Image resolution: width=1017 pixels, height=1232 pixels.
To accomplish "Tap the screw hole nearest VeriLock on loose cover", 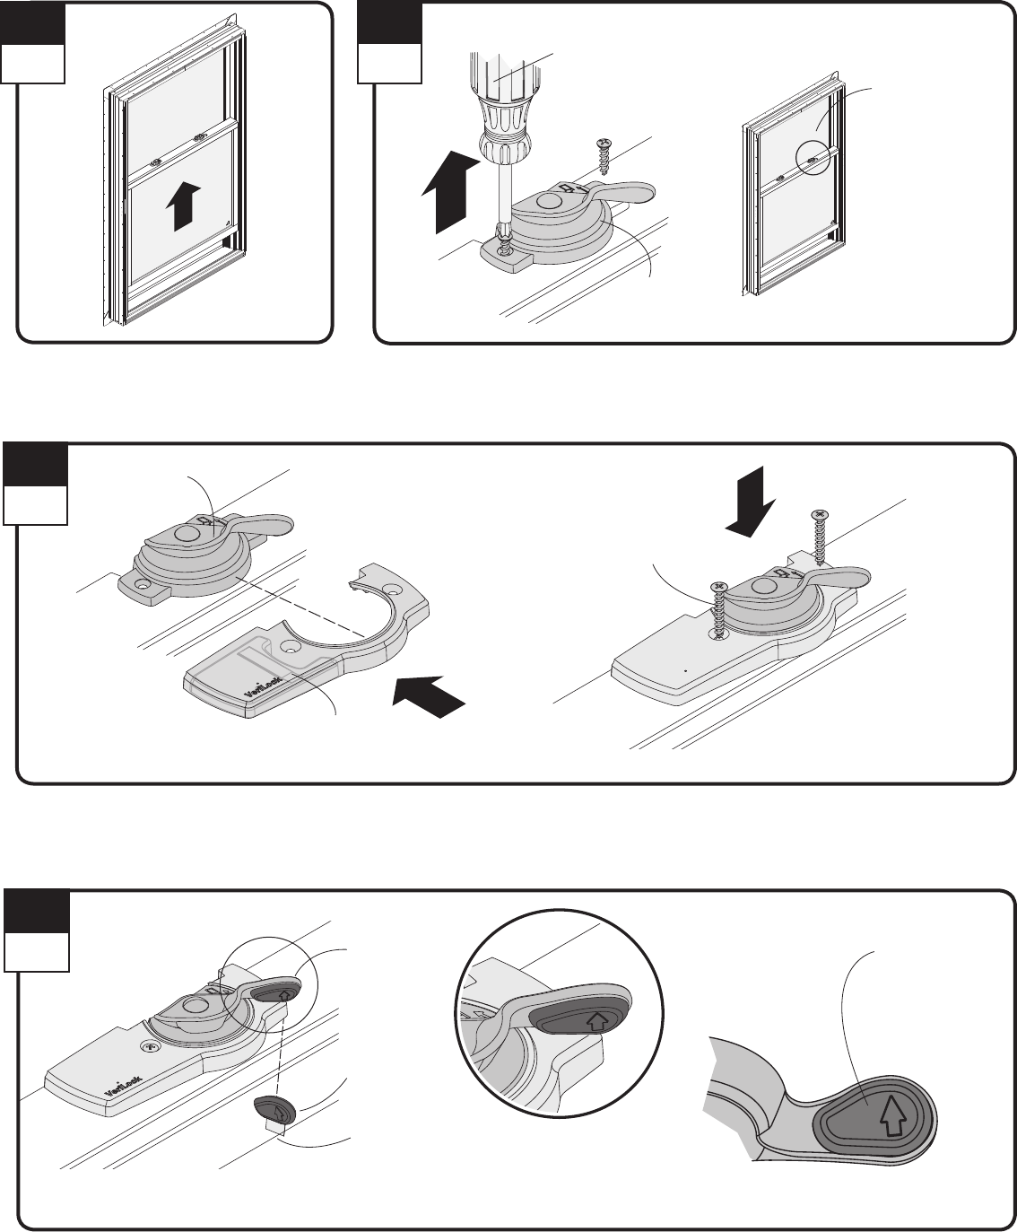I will pos(291,645).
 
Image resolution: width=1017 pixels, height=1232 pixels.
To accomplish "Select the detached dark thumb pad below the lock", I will pos(274,1109).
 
